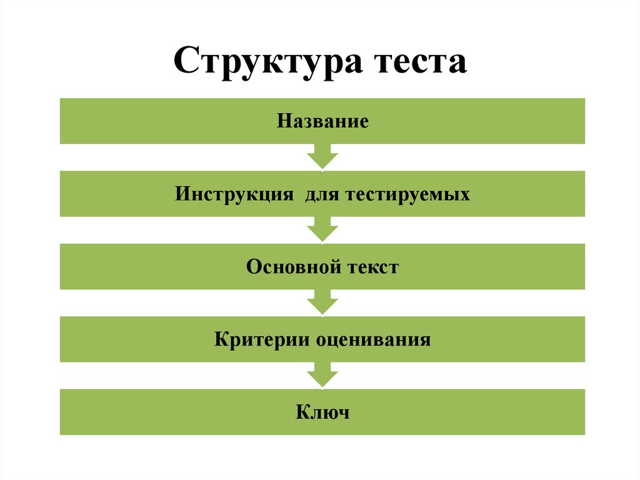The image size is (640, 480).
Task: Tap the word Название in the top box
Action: pos(322,121)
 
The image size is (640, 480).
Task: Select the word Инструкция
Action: pos(234,194)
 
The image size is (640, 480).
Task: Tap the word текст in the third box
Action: pos(372,267)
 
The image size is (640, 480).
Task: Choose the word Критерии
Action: pos(261,340)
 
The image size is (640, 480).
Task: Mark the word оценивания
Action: pos(374,340)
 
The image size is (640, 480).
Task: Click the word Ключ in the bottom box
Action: pos(322,412)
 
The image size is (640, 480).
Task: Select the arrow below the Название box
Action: pos(322,156)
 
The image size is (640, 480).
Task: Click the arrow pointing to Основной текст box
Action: pos(322,229)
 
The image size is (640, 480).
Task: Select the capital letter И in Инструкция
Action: pos(181,194)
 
